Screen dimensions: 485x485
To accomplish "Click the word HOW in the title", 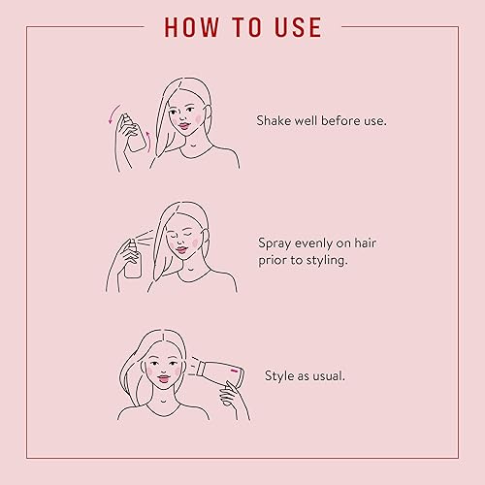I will coord(190,26).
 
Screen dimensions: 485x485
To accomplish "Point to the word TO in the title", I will coord(242,26).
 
